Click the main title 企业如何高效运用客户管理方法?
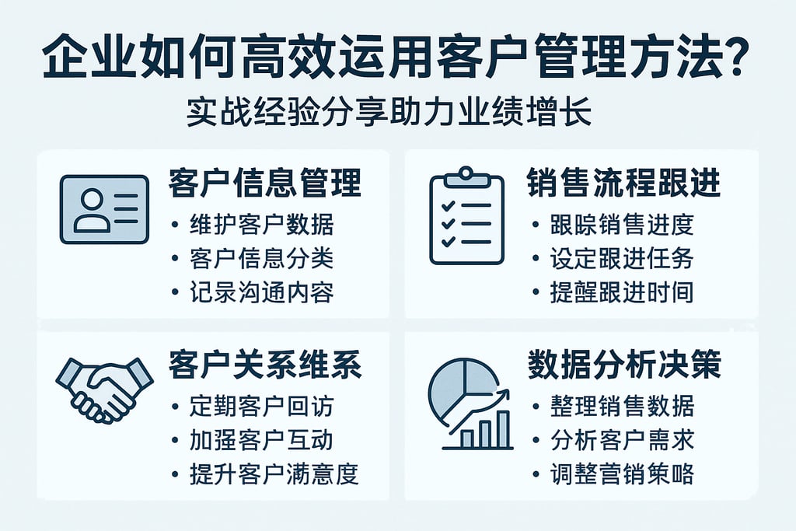pos(397,58)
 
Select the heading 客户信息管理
pos(265,183)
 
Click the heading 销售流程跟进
pos(624,183)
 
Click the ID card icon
pos(104,209)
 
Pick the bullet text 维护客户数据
pos(261,225)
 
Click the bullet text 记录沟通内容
pos(261,293)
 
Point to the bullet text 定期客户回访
pos(261,406)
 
